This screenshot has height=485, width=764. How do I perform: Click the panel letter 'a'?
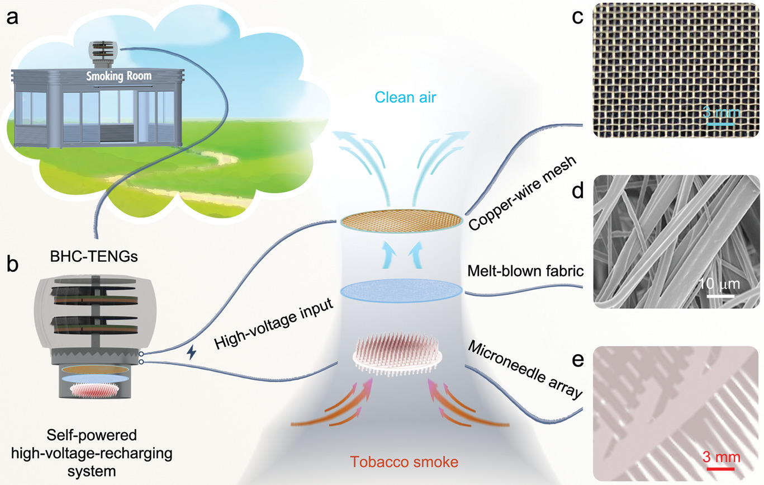coord(12,18)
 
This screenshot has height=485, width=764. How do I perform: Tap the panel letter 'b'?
coord(13,264)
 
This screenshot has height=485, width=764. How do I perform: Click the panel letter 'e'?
coord(577,360)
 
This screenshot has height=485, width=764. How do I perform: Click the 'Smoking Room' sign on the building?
coord(118,76)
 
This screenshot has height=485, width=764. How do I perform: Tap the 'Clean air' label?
coord(405,97)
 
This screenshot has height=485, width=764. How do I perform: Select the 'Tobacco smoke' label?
coord(404,462)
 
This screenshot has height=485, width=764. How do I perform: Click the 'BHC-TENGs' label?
coord(94,256)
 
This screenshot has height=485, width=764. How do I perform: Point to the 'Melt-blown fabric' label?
coord(525,271)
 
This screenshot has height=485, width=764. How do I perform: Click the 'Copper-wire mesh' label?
coord(523,193)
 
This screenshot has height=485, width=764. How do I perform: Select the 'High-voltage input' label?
coord(273,323)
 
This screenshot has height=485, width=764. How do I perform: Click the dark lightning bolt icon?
coord(192,352)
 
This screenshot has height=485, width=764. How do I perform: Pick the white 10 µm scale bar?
coord(720,296)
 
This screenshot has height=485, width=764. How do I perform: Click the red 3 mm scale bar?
coord(720,469)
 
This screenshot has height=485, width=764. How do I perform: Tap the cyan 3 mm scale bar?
coord(720,124)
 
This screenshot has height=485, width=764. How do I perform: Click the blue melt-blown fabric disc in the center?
coord(401,291)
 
